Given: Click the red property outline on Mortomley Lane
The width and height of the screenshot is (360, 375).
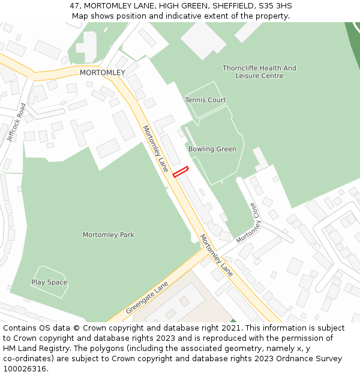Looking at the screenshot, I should coord(181,172).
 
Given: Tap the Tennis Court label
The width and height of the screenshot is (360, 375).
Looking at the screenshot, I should coord(205,100).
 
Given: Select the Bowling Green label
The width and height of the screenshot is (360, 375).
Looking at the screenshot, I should coord(212,149).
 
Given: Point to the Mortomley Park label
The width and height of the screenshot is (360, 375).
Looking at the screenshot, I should coord(109,235).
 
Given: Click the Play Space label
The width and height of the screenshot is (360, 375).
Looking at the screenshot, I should coord(49,282).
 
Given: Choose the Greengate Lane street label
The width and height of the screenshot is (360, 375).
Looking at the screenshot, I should coord(147,298).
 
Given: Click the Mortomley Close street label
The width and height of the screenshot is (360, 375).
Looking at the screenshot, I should coord(250,223).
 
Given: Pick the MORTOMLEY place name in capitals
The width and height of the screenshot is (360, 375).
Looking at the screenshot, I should coord(103,73).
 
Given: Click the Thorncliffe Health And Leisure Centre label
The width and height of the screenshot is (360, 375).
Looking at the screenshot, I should coord(259,72).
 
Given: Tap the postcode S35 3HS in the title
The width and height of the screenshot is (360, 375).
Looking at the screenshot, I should coord(275,5).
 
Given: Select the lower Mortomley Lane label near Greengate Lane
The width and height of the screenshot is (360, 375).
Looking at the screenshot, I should coord(216,255).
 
